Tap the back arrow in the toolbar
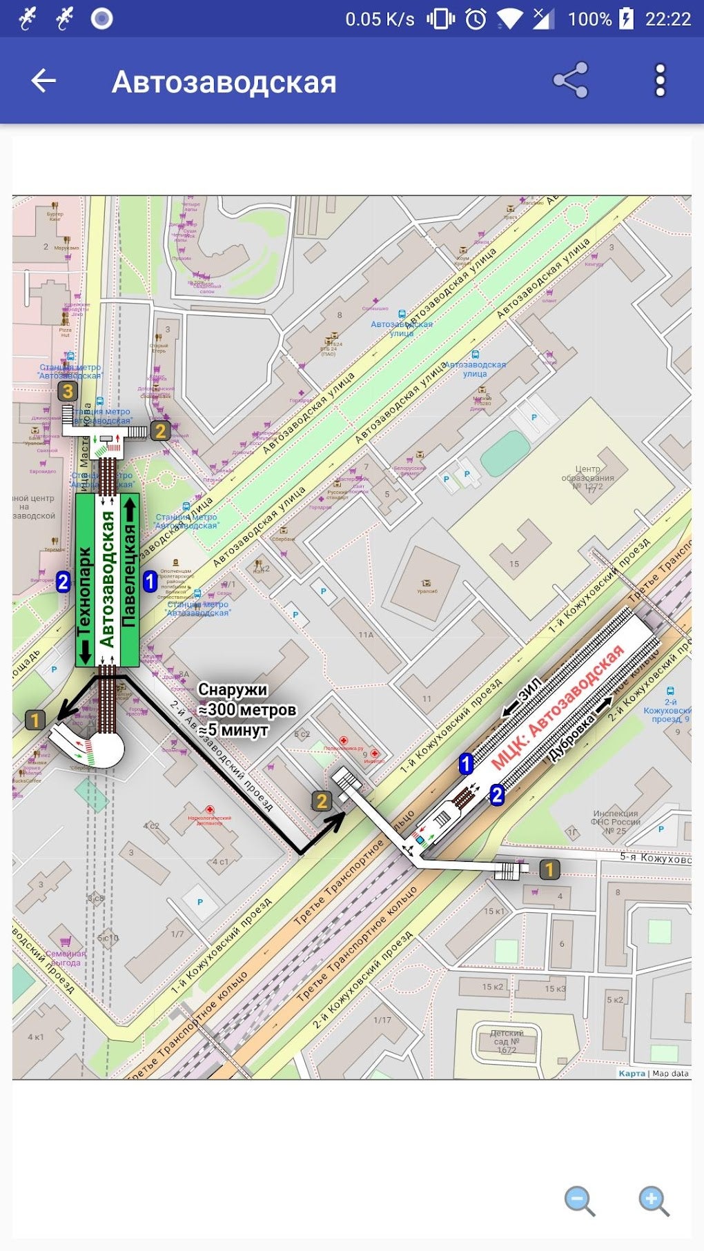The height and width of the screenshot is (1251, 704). pyautogui.click(x=43, y=81)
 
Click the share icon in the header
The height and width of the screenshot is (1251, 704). pyautogui.click(x=570, y=81)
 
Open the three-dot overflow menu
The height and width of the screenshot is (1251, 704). pyautogui.click(x=660, y=81)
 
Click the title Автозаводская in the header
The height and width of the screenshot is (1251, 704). pyautogui.click(x=224, y=82)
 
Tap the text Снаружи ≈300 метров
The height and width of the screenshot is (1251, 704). pyautogui.click(x=246, y=700)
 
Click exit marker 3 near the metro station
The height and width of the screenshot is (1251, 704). pyautogui.click(x=67, y=392)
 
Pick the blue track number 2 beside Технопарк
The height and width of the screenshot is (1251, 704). pyautogui.click(x=63, y=582)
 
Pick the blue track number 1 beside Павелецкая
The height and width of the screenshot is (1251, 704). pyautogui.click(x=150, y=582)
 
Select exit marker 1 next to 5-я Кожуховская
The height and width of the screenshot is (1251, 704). pyautogui.click(x=549, y=869)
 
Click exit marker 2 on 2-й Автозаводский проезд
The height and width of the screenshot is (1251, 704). pyautogui.click(x=322, y=801)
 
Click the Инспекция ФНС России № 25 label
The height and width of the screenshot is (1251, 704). pyautogui.click(x=614, y=822)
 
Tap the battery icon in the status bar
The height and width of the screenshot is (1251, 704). pyautogui.click(x=626, y=19)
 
